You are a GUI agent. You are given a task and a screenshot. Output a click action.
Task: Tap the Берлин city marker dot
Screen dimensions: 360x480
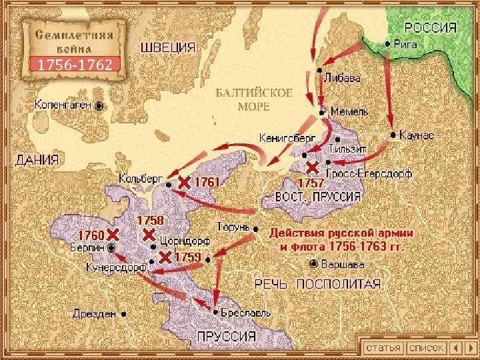click(111, 247)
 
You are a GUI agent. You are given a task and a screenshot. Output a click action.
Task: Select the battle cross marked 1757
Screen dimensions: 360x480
click(311, 167)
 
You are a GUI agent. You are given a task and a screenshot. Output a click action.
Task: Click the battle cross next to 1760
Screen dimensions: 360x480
click(113, 234)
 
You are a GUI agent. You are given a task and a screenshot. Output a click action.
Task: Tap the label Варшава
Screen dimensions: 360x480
click(343, 263)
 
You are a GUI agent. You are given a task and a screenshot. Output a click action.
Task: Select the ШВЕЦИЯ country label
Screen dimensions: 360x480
click(167, 47)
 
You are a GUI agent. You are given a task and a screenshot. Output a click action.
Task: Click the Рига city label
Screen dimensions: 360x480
click(407, 43)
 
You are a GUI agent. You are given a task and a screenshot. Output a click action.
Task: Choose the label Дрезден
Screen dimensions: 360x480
click(95, 313)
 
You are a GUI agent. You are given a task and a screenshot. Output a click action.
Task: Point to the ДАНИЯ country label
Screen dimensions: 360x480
click(36, 160)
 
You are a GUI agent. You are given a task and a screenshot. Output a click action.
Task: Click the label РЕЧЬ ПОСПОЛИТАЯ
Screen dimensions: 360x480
click(319, 284)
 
